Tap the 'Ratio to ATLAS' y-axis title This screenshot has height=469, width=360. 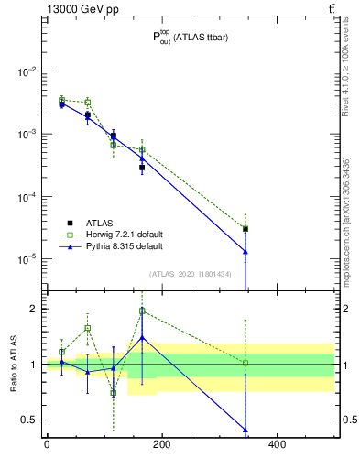14,365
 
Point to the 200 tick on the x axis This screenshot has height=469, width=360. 161,444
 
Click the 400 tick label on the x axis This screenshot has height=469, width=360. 277,444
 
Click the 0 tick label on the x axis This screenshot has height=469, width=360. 47,444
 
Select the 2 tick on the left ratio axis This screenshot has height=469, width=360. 32,309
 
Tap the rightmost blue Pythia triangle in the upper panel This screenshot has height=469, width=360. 245,251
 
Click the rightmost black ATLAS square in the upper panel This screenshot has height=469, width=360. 245,229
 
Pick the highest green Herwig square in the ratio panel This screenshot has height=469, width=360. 142,311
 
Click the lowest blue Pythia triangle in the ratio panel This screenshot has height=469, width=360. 245,430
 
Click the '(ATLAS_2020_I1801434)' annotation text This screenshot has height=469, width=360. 190,275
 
